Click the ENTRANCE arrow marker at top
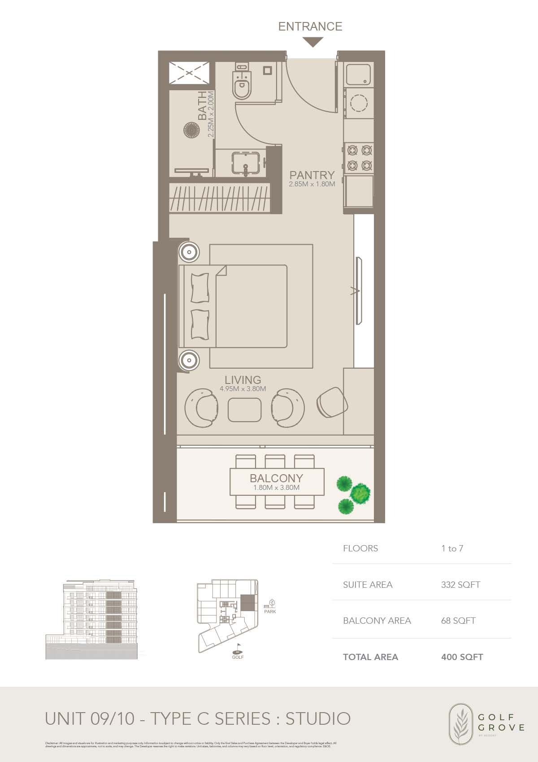tap(312, 42)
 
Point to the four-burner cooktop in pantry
tap(359, 158)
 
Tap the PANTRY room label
tap(312, 175)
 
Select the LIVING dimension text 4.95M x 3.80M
tap(243, 389)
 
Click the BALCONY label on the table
tap(276, 478)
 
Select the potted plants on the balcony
tap(354, 494)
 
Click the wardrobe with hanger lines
tap(220, 198)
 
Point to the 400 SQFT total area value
tap(462, 657)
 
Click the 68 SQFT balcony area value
tap(458, 621)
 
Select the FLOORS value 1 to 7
tap(452, 548)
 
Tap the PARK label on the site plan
tap(270, 612)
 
